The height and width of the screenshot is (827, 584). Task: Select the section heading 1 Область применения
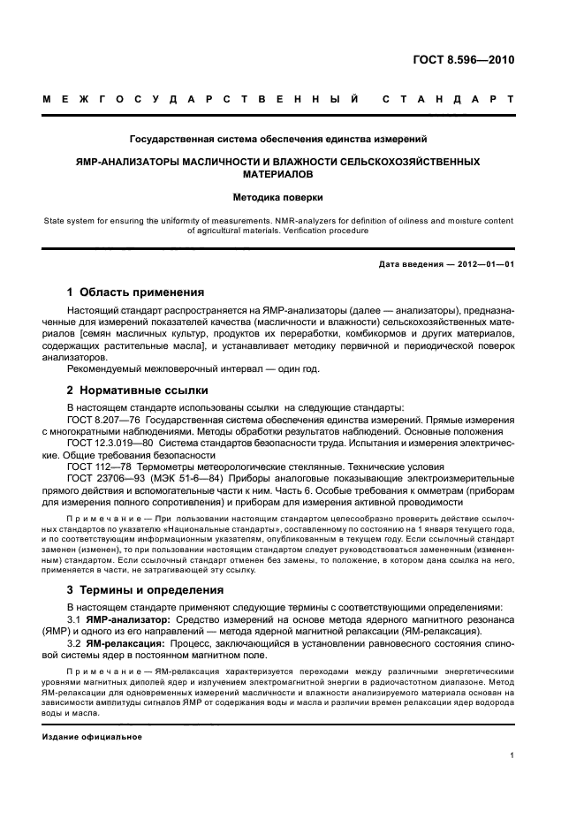coord(136,292)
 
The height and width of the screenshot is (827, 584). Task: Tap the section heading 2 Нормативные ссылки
coord(138,389)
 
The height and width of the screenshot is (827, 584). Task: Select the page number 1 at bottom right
coord(512,755)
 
